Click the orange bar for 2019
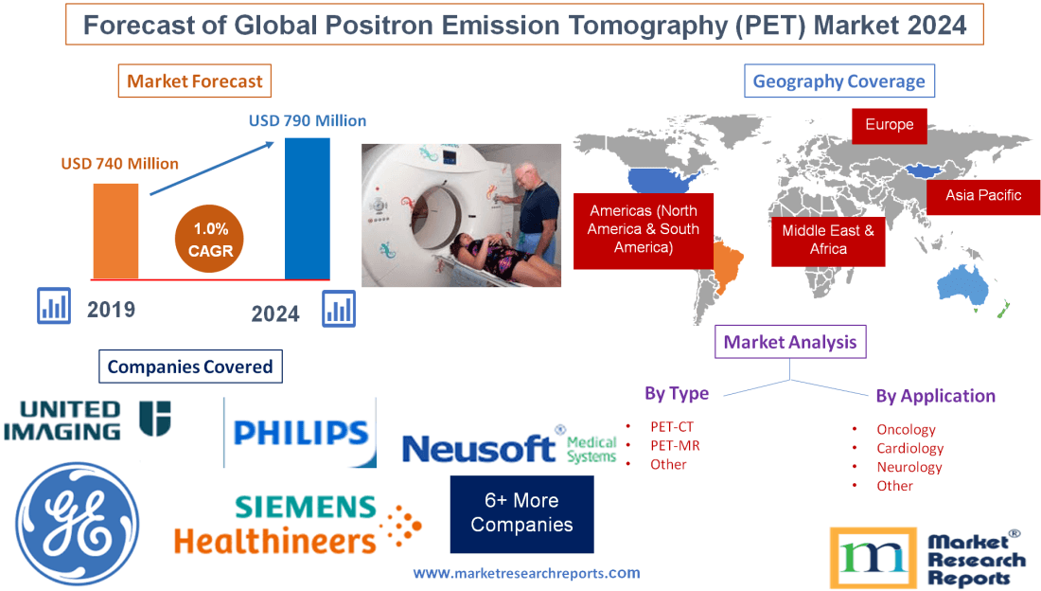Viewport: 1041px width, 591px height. coord(115,230)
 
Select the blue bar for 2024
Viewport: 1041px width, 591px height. coord(308,208)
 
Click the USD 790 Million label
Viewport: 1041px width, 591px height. coord(308,120)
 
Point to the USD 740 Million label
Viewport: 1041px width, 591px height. coord(120,164)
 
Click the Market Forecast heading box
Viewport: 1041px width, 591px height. coord(194,81)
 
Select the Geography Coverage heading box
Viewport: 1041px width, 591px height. coord(839,81)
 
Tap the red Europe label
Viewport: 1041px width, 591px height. coord(889,125)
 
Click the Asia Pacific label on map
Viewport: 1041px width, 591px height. coord(983,195)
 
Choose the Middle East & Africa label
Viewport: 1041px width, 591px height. coord(828,240)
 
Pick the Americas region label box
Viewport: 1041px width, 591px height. coord(643,229)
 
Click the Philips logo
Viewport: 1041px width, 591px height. coord(300,433)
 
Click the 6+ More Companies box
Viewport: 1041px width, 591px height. coord(521,512)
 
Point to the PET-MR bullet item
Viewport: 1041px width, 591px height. coord(675,445)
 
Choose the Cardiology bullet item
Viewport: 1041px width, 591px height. coord(909,448)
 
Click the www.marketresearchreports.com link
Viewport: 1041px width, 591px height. coord(526,573)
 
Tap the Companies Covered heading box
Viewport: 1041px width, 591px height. coord(190,367)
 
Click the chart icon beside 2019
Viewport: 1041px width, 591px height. coord(54,305)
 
